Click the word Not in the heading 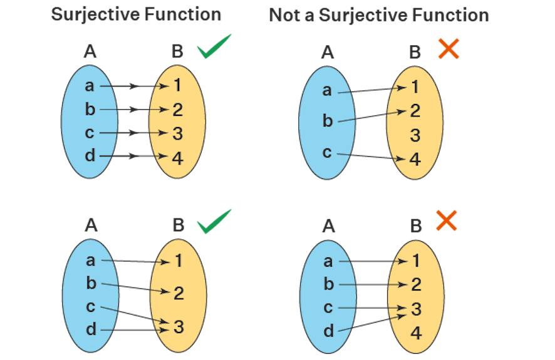pyautogui.click(x=287, y=15)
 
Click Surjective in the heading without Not pyautogui.click(x=106, y=14)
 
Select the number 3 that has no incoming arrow pyautogui.click(x=415, y=135)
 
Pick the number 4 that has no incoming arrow pyautogui.click(x=416, y=332)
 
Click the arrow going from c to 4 pyautogui.click(x=370, y=157)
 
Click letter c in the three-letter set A pyautogui.click(x=327, y=152)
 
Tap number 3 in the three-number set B pyautogui.click(x=179, y=326)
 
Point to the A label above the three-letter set pyautogui.click(x=327, y=53)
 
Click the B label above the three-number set pyautogui.click(x=178, y=225)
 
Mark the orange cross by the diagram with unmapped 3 pyautogui.click(x=449, y=49)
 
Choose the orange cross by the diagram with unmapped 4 pyautogui.click(x=446, y=220)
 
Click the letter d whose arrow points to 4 pyautogui.click(x=90, y=156)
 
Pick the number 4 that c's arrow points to pyautogui.click(x=415, y=159)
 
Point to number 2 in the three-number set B pyautogui.click(x=179, y=292)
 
